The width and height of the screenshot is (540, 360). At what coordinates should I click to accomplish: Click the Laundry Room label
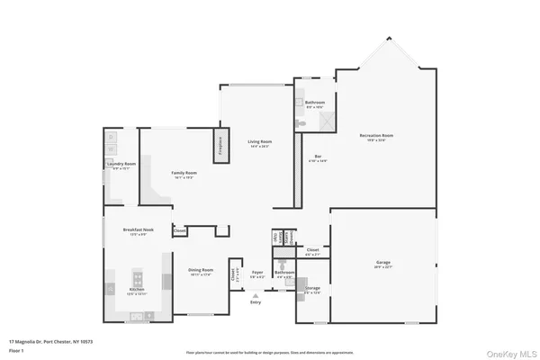tap(121, 165)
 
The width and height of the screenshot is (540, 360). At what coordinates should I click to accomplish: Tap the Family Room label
tap(184, 174)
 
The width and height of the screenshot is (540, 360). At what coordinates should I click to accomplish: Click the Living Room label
tap(260, 142)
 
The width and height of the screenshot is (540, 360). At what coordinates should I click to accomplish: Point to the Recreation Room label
tap(376, 137)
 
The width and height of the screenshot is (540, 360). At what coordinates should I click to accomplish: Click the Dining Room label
tap(200, 271)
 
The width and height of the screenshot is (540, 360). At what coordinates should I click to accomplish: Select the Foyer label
tap(256, 272)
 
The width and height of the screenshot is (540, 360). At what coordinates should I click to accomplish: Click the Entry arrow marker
tap(256, 294)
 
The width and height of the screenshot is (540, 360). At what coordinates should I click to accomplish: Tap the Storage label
tap(311, 291)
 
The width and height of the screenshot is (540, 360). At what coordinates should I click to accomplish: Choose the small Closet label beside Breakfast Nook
tap(180, 231)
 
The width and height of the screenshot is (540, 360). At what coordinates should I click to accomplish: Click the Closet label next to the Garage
tap(312, 250)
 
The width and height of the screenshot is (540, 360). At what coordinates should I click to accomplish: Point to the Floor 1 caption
tap(17, 350)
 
